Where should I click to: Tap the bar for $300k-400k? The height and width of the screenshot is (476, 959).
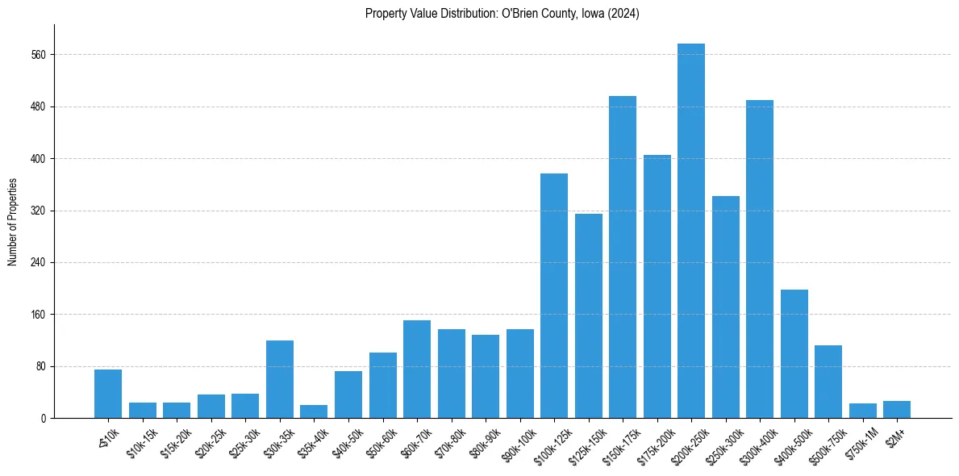click(760, 259)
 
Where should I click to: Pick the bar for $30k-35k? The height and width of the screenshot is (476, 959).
click(280, 379)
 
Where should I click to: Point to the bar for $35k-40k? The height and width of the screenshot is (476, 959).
click(314, 411)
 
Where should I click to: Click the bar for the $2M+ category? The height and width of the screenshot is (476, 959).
click(897, 410)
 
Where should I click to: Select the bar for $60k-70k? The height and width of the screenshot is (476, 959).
click(417, 369)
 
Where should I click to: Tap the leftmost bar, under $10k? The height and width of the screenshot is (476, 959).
click(108, 394)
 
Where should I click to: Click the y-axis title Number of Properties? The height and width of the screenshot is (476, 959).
click(13, 222)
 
